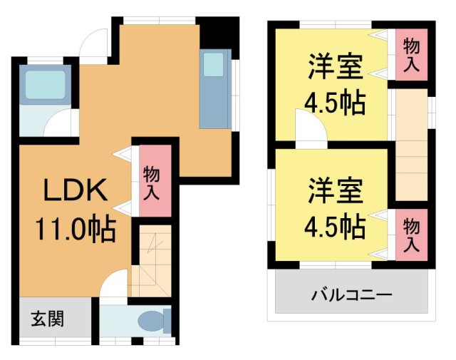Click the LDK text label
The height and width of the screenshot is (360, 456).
click(x=76, y=192)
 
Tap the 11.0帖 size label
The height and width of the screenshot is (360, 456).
click(x=76, y=230)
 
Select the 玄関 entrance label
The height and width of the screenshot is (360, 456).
click(x=46, y=318)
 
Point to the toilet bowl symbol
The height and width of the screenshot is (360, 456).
click(x=152, y=322)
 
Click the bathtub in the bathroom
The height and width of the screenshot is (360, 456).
click(x=45, y=86)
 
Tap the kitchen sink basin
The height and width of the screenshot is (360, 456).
click(x=214, y=66)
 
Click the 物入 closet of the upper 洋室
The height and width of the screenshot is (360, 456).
click(x=411, y=56)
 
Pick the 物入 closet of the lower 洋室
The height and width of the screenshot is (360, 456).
click(x=411, y=233)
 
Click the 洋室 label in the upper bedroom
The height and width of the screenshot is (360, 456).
click(x=336, y=68)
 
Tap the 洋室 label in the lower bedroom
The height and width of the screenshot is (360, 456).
click(x=336, y=190)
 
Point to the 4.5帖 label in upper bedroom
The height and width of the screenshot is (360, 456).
click(x=336, y=103)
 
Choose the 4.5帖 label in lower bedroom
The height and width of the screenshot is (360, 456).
click(x=336, y=227)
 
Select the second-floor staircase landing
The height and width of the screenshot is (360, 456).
click(x=411, y=146)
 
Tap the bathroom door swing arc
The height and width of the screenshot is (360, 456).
click(x=58, y=123)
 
